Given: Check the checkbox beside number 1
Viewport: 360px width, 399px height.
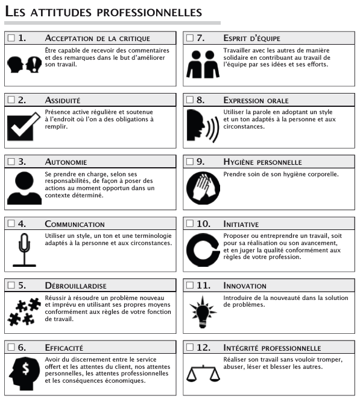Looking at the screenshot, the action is point(11,38).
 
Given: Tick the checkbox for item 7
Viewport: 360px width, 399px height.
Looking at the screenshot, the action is point(190,38).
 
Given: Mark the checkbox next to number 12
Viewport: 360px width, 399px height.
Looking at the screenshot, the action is point(190,348).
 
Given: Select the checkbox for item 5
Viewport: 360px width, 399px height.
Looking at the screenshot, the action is point(11,286).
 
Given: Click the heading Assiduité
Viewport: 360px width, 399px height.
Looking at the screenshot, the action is point(63,100).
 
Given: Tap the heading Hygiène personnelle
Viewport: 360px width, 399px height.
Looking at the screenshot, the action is point(262,162).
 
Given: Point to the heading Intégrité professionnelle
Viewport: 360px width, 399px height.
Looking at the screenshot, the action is point(272,348).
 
